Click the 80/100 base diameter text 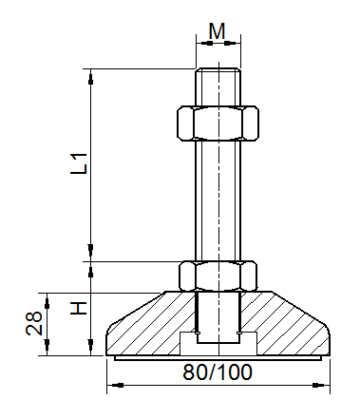[218, 372]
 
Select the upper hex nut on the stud [218, 121]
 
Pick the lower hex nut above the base [218, 276]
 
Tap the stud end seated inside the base [218, 318]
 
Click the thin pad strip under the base [218, 358]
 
